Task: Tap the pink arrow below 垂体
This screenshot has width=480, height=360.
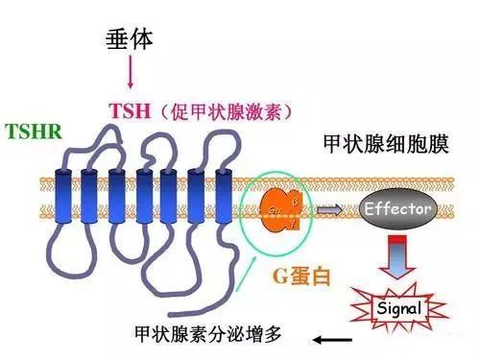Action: click(131, 73)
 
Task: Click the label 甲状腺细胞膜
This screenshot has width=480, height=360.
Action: click(374, 147)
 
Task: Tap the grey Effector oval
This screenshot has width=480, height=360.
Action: click(395, 208)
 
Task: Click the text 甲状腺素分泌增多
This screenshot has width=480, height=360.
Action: click(210, 336)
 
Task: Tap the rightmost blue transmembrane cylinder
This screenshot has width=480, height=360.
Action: click(224, 197)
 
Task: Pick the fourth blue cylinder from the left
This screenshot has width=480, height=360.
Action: click(144, 197)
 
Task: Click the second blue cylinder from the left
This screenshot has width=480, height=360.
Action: click(90, 197)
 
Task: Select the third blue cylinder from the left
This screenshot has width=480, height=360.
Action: click(117, 197)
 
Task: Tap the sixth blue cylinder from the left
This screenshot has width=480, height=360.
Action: click(198, 197)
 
